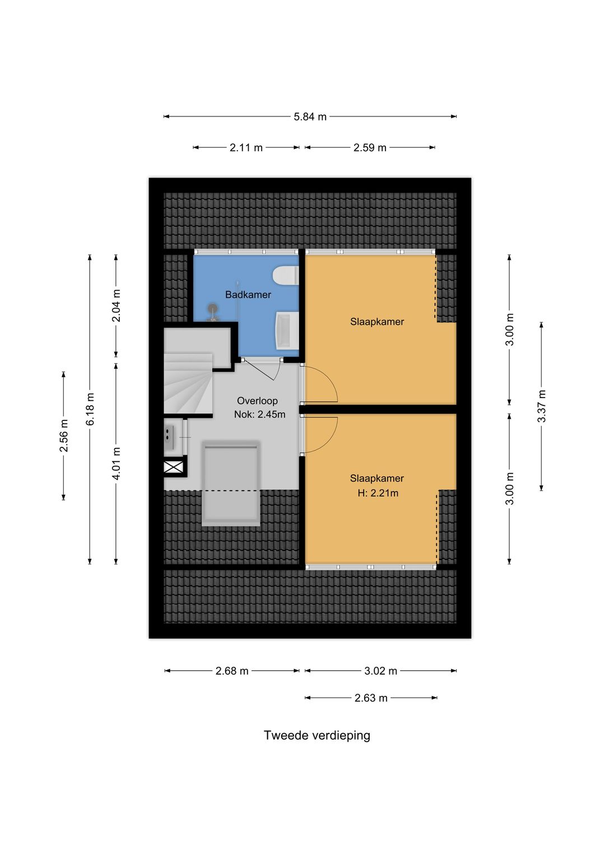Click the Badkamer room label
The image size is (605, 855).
pyautogui.click(x=248, y=295)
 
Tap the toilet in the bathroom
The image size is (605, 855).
pyautogui.click(x=286, y=275)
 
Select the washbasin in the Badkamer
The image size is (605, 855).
pyautogui.click(x=287, y=330)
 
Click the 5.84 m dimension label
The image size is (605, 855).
pyautogui.click(x=310, y=117)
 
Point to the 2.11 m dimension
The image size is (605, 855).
pyautogui.click(x=246, y=148)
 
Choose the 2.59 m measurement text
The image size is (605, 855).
pyautogui.click(x=370, y=148)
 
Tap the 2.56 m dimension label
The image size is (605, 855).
pyautogui.click(x=63, y=436)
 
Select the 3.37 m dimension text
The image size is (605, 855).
pyautogui.click(x=541, y=406)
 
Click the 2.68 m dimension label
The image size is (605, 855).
pyautogui.click(x=232, y=671)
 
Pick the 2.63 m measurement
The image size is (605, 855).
pyautogui.click(x=371, y=698)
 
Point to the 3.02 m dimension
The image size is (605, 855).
pyautogui.click(x=380, y=671)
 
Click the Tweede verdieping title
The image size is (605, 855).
pyautogui.click(x=317, y=736)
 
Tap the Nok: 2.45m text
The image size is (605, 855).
pyautogui.click(x=260, y=414)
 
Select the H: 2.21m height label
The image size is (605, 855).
pyautogui.click(x=378, y=493)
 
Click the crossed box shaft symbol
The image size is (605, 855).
pyautogui.click(x=174, y=467)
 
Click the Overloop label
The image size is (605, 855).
pyautogui.click(x=257, y=401)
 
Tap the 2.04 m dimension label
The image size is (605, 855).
pyautogui.click(x=116, y=305)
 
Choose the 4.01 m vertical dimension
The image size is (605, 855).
pyautogui.click(x=116, y=463)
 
